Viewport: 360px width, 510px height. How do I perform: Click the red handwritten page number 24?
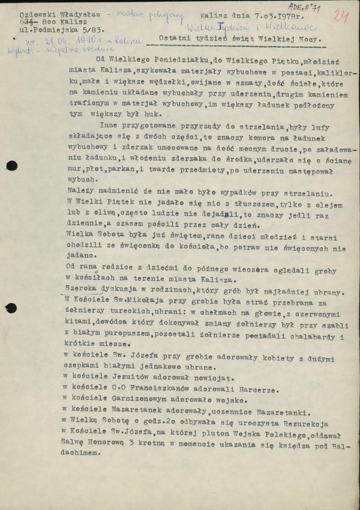(x=340, y=16)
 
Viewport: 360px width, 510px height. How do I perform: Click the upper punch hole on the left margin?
(x=11, y=166)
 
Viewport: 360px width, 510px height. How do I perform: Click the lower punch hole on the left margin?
(x=11, y=308)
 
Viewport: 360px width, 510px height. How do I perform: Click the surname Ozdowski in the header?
(x=37, y=15)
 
